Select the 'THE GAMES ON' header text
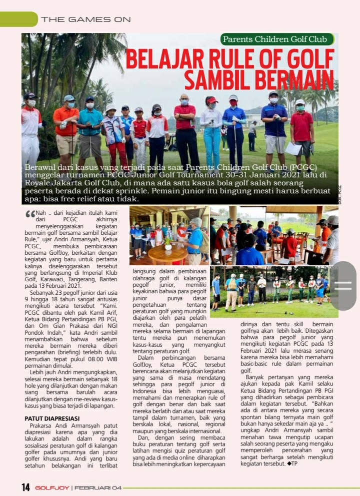click(86, 19)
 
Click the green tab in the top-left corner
click(18, 19)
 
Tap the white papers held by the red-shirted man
click(293, 148)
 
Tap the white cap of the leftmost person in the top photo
click(30, 95)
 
